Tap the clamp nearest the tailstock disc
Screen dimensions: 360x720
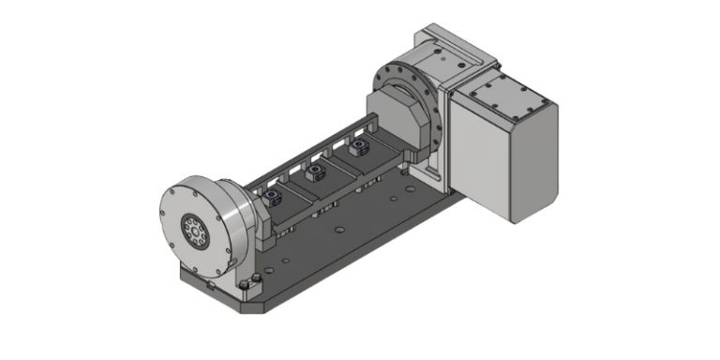272,195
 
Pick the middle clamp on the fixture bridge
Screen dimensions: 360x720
316,170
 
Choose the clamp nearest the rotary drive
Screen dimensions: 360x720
360,147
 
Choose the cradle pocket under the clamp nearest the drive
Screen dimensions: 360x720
366,161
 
